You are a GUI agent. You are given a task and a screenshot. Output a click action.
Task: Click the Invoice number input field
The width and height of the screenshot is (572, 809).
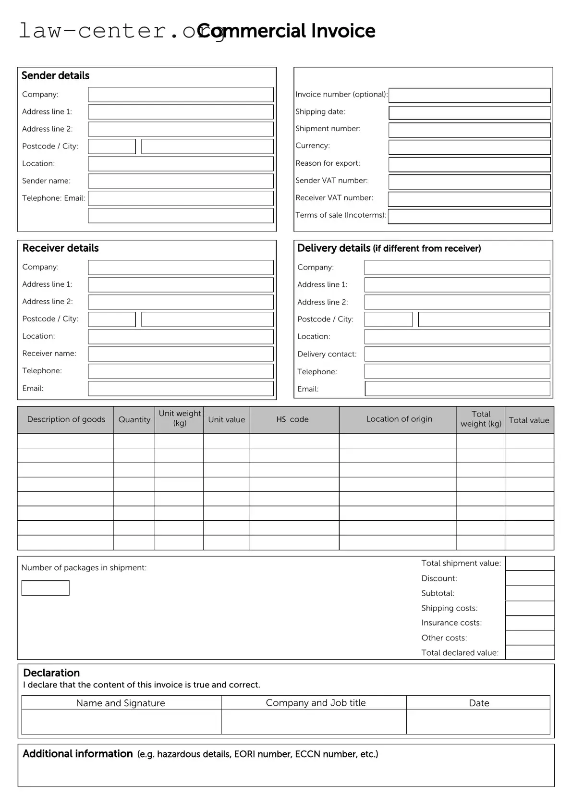(469, 95)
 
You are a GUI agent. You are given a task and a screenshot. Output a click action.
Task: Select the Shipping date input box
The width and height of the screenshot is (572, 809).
(469, 112)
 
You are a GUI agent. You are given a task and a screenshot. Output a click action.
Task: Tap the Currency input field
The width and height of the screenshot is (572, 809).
(469, 147)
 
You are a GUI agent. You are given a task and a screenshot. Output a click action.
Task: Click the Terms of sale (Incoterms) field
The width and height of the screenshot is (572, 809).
(469, 216)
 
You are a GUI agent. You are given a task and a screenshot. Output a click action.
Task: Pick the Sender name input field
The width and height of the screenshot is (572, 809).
(181, 181)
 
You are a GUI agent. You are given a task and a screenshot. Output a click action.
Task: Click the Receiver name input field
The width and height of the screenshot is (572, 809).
(181, 354)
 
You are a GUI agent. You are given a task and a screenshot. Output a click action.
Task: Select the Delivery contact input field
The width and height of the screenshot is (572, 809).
(457, 354)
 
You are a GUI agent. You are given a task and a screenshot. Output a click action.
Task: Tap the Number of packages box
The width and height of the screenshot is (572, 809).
(45, 588)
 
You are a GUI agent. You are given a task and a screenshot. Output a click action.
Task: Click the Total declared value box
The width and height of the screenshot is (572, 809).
(530, 652)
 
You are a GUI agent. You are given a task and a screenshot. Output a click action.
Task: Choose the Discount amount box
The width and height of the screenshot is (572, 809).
(530, 578)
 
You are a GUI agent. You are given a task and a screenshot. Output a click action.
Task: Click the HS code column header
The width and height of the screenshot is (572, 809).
(292, 419)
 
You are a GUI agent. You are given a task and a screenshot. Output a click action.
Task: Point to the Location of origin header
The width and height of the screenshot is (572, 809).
(399, 419)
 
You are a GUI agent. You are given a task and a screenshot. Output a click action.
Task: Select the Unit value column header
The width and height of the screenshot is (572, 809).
(226, 419)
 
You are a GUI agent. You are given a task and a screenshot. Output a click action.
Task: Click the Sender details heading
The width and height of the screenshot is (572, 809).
(55, 75)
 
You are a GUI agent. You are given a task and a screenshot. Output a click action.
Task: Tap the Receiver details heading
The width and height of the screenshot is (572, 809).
(61, 248)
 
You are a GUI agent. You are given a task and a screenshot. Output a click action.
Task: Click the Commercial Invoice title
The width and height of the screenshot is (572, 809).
(287, 31)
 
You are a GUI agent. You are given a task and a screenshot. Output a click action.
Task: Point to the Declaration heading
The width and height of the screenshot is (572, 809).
(51, 673)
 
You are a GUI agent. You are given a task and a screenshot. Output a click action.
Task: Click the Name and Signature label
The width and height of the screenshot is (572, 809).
(121, 703)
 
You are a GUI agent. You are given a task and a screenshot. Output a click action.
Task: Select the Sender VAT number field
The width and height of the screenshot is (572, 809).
(469, 182)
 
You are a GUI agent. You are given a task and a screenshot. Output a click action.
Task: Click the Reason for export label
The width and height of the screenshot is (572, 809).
(328, 163)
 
